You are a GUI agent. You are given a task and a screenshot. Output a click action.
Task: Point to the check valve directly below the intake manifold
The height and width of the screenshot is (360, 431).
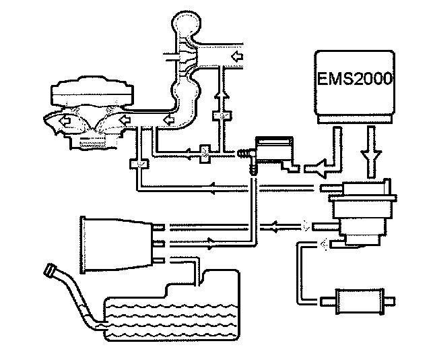(x=137, y=164)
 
